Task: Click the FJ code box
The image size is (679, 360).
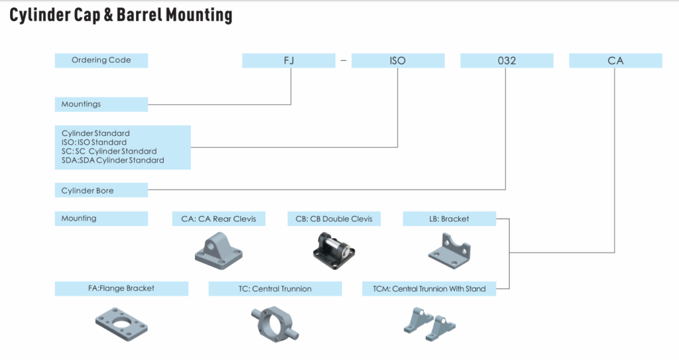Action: pos(288,60)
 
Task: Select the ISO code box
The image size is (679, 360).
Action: pos(397,60)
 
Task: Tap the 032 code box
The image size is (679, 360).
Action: pos(507,60)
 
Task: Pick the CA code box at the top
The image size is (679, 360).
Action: pos(615,60)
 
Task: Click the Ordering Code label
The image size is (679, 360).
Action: pos(101,60)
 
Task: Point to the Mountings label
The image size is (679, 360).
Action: pos(101,104)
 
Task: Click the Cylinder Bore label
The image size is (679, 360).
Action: pos(101,190)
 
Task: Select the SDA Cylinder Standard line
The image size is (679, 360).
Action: pos(113,160)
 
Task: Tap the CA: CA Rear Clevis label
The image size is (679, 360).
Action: pos(218,218)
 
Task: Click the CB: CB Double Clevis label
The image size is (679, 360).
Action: pos(334,218)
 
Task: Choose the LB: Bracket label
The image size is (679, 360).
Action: pos(449,218)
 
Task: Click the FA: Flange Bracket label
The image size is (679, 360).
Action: pos(121,288)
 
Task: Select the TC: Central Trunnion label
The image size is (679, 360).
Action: pos(275,288)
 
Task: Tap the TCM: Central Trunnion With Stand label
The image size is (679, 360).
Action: pos(429,288)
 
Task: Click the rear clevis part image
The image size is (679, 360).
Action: pos(218,249)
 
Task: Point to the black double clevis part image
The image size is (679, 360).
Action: pos(334,251)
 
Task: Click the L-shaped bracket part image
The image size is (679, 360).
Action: pos(449,251)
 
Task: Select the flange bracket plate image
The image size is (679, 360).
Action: pos(121,322)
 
